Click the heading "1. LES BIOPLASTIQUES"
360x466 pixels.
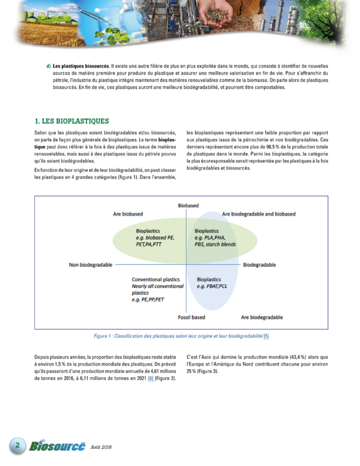[x=72, y=121]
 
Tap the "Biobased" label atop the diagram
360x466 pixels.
[x=188, y=205]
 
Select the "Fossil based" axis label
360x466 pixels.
[x=191, y=317]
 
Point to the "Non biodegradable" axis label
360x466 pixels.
[x=91, y=265]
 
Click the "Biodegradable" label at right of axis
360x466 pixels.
[x=259, y=265]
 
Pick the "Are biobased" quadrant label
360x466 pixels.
[x=128, y=214]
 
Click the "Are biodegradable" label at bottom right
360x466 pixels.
[x=262, y=317]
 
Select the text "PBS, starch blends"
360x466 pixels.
[x=216, y=244]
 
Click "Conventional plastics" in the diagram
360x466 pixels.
[x=155, y=279]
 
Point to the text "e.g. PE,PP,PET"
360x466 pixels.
[x=148, y=299]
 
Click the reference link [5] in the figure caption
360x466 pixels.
[x=266, y=336]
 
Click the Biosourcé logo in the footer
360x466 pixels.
[x=57, y=446]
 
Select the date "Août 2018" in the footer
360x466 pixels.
[x=101, y=447]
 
